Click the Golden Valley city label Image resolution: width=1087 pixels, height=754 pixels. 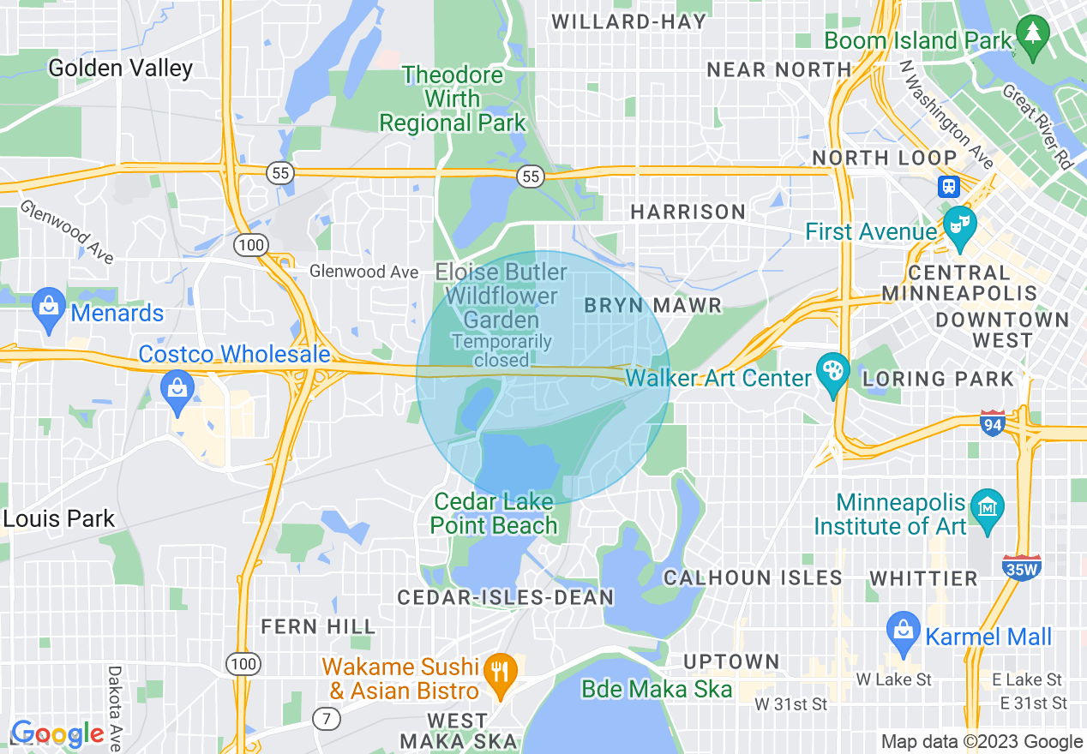[120, 69]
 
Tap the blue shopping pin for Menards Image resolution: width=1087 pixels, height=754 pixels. [49, 308]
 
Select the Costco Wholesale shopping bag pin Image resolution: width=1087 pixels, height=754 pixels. [177, 391]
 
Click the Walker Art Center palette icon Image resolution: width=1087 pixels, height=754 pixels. [832, 374]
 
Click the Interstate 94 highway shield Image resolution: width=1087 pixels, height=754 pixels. [992, 422]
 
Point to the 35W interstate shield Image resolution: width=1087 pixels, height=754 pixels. [1021, 567]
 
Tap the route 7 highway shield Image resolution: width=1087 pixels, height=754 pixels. [327, 718]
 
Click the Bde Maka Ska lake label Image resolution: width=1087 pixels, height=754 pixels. [657, 690]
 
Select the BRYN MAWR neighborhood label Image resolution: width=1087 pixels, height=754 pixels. [652, 306]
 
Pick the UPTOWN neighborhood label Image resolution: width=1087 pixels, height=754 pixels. [731, 661]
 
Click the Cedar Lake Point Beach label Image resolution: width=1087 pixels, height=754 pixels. [494, 513]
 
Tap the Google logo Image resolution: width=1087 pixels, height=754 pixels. [57, 733]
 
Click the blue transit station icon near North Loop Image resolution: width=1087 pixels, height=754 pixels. [949, 187]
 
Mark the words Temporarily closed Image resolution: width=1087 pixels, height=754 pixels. [502, 350]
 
